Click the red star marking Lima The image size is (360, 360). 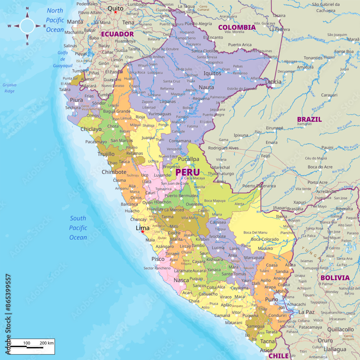[143, 231]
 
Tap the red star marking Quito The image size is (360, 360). [116, 12]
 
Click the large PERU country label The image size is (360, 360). [187, 172]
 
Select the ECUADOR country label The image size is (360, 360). [117, 34]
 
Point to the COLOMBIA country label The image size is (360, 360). [237, 27]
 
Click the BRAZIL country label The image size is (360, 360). [309, 120]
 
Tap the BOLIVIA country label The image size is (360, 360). [335, 278]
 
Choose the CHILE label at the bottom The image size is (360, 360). [279, 356]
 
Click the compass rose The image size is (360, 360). [27, 26]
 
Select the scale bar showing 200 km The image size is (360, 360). [32, 346]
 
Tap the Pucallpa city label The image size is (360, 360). [188, 159]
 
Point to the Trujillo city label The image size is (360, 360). [106, 154]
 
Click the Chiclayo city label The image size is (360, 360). [91, 129]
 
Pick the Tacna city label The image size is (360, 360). [267, 341]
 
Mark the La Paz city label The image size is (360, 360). [307, 312]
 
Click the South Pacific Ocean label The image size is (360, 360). [78, 228]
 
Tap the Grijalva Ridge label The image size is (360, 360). [9, 88]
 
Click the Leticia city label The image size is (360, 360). [273, 82]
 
